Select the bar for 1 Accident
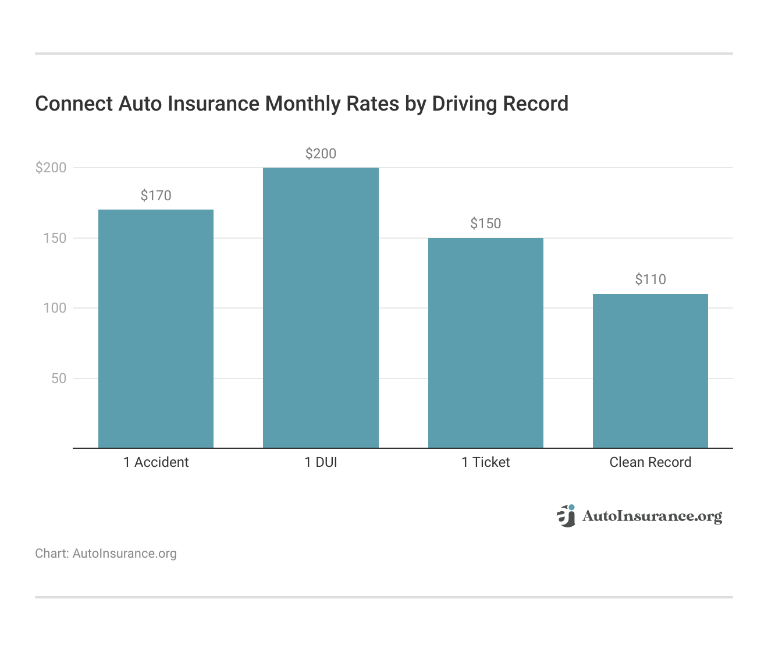pyautogui.click(x=156, y=329)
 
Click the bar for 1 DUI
pyautogui.click(x=321, y=308)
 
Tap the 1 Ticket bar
pyautogui.click(x=485, y=343)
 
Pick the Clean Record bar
pyautogui.click(x=650, y=371)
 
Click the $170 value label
pyautogui.click(x=156, y=196)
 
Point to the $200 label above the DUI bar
pyautogui.click(x=321, y=154)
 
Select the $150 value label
pyautogui.click(x=485, y=224)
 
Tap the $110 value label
pyautogui.click(x=650, y=279)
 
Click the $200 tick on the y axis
pyautogui.click(x=51, y=168)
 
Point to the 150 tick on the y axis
pyautogui.click(x=55, y=238)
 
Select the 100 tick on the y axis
pyautogui.click(x=55, y=308)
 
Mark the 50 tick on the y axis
pyautogui.click(x=59, y=378)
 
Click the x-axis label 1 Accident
pyautogui.click(x=156, y=462)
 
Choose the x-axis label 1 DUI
pyautogui.click(x=321, y=462)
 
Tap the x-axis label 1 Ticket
pyautogui.click(x=485, y=462)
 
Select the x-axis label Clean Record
pyautogui.click(x=650, y=462)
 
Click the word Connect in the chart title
pyautogui.click(x=74, y=104)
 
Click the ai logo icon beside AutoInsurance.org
pyautogui.click(x=566, y=516)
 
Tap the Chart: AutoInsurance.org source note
pyautogui.click(x=106, y=554)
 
